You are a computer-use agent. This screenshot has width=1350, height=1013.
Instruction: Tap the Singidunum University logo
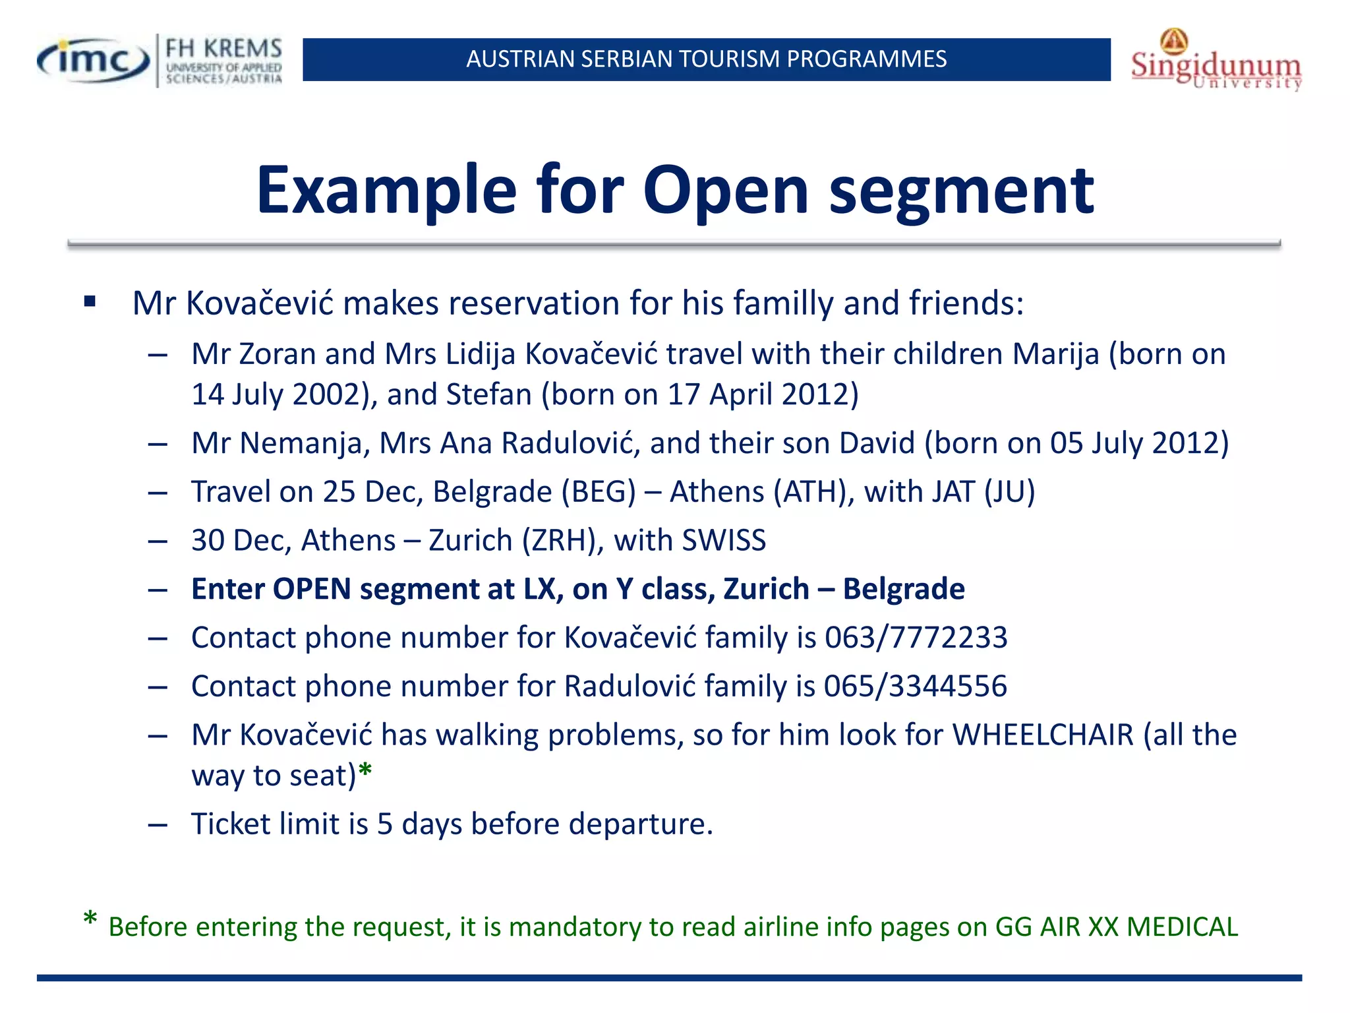point(1216,61)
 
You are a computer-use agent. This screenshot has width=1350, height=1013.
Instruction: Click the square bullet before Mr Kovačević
point(90,303)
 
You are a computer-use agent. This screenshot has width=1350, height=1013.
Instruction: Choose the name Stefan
point(488,394)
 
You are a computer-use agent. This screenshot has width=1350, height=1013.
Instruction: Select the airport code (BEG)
point(599,492)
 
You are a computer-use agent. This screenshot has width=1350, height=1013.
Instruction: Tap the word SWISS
point(724,541)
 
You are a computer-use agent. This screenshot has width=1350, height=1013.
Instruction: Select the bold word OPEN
point(311,589)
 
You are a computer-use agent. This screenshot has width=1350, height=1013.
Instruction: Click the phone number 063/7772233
point(916,638)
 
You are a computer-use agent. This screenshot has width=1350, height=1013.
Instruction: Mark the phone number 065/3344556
point(916,687)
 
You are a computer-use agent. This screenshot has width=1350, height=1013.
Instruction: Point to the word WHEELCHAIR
point(1043,735)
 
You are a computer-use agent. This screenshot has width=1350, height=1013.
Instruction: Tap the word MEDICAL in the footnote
point(1183,927)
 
